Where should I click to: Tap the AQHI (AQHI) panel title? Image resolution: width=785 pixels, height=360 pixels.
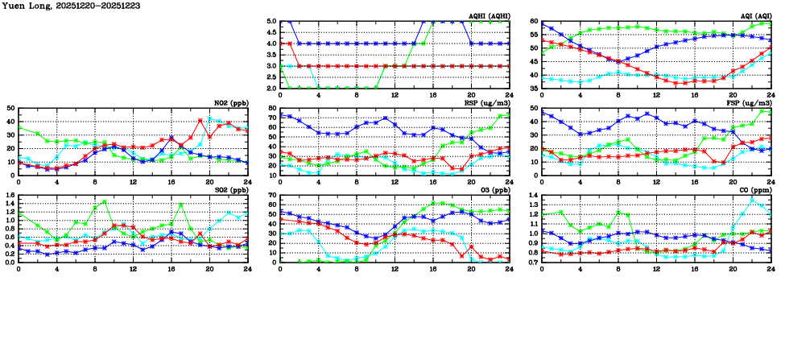click(x=487, y=15)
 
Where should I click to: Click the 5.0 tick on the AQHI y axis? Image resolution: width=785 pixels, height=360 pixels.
click(x=271, y=22)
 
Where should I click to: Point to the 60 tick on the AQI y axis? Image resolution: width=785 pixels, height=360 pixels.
click(x=534, y=22)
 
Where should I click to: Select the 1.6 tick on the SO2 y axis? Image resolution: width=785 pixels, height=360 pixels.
click(x=9, y=196)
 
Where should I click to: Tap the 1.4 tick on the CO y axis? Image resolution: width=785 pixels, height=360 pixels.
click(x=532, y=196)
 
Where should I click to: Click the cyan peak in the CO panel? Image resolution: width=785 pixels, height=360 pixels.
click(x=752, y=198)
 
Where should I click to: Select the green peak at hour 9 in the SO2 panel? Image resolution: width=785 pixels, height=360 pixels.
click(x=105, y=202)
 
